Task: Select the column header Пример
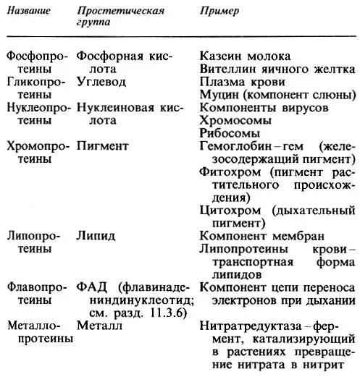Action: coord(218,13)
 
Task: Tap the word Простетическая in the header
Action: coord(121,12)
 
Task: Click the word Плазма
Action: coord(221,81)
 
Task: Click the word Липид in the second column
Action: coord(94,236)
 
